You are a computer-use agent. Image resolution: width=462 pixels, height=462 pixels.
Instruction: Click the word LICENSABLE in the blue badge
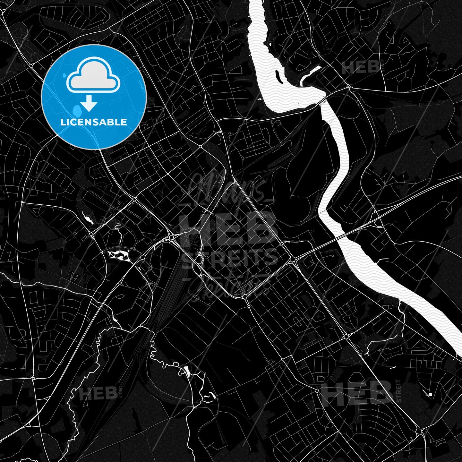pyautogui.click(x=94, y=122)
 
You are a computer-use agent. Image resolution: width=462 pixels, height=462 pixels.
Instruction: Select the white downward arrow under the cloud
pyautogui.click(x=89, y=104)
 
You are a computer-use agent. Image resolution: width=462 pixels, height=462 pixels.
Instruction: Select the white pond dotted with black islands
pyautogui.click(x=119, y=255)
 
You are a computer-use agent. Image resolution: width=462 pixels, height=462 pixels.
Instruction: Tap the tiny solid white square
pyautogui.click(x=431, y=394)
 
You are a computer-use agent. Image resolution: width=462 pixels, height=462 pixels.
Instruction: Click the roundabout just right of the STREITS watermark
pyautogui.click(x=292, y=259)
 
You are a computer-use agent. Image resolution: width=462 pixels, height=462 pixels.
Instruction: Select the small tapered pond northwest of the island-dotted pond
pyautogui.click(x=87, y=218)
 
